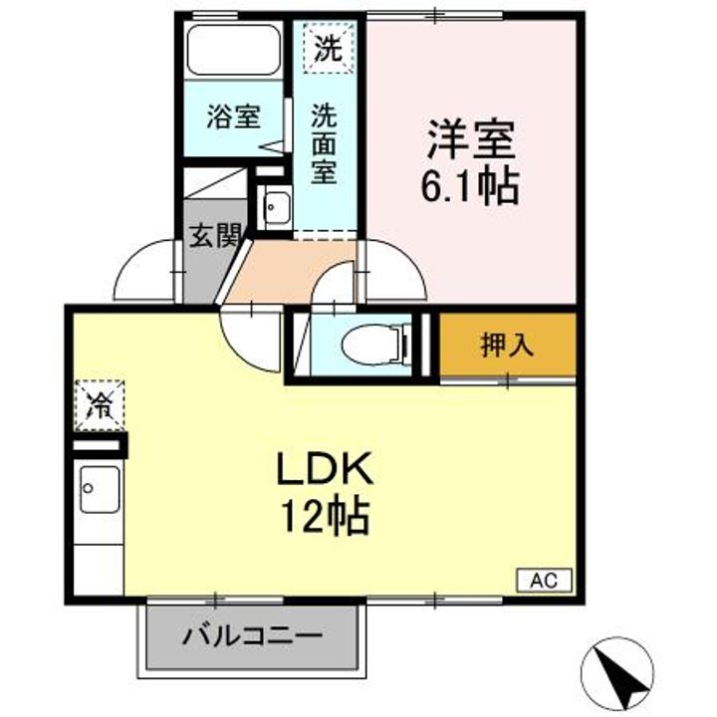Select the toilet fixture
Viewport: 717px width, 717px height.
coord(371,345)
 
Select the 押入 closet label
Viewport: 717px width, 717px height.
coord(507,345)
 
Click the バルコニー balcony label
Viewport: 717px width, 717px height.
coord(251,635)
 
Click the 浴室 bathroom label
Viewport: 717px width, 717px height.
coord(234,118)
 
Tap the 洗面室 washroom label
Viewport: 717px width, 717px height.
coord(325,142)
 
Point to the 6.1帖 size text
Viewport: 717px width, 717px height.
coord(470,186)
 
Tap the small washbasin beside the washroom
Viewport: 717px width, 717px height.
coord(275,208)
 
